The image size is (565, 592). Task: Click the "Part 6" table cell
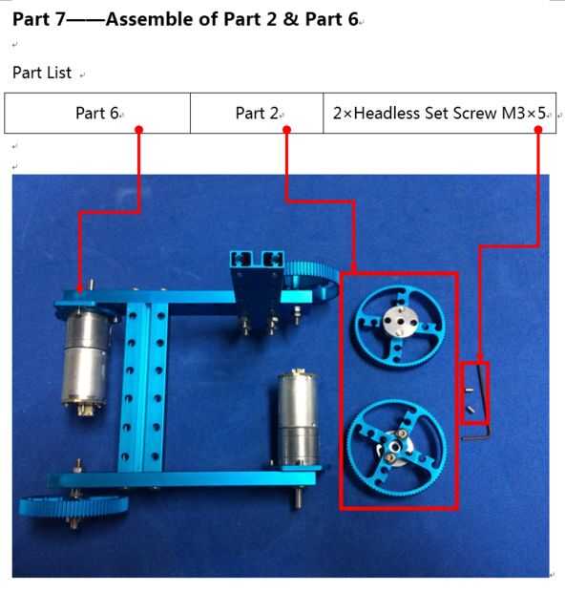tap(97, 113)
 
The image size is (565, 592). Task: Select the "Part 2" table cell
tap(257, 113)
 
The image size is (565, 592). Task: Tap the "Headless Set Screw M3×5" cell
tap(440, 113)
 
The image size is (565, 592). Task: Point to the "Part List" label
tap(42, 73)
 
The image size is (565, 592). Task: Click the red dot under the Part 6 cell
tap(139, 130)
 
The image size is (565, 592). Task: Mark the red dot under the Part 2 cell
tap(286, 130)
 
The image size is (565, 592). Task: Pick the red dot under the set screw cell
tap(538, 130)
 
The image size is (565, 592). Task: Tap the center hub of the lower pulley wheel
tap(395, 447)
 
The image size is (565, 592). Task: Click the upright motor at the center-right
tap(298, 418)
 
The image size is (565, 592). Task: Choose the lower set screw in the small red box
tap(470, 409)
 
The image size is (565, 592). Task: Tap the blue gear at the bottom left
tap(73, 506)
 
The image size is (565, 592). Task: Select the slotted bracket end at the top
tap(257, 259)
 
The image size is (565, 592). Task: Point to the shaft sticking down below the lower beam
tap(298, 497)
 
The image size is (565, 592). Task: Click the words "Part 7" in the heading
tap(39, 19)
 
